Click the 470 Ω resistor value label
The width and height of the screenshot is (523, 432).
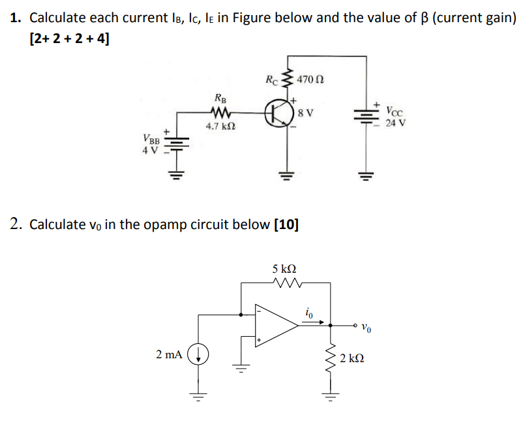(x=310, y=80)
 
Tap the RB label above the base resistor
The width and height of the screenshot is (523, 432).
(x=221, y=100)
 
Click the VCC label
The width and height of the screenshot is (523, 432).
(x=395, y=111)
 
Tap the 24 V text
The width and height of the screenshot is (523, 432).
(x=395, y=122)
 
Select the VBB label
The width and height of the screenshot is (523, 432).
(x=151, y=138)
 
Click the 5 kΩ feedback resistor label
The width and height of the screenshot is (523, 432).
(x=284, y=268)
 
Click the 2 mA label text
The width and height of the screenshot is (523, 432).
(x=169, y=354)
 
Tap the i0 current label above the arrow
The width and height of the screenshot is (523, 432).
(x=310, y=313)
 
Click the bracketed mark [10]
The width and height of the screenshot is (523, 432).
(x=287, y=225)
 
